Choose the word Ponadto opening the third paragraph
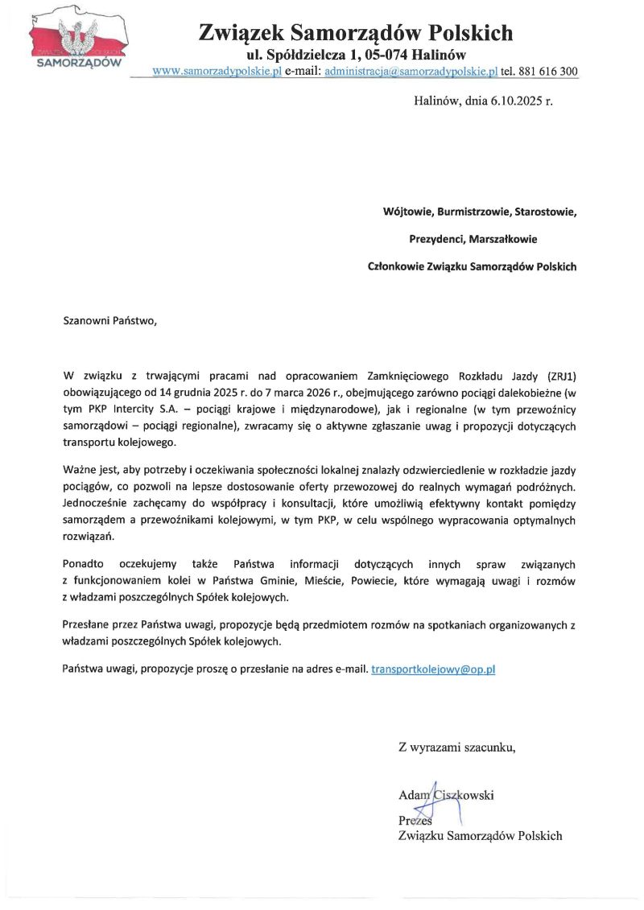[x=85, y=566]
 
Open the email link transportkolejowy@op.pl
[x=433, y=669]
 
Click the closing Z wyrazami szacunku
[x=456, y=747]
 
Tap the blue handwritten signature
[x=435, y=801]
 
